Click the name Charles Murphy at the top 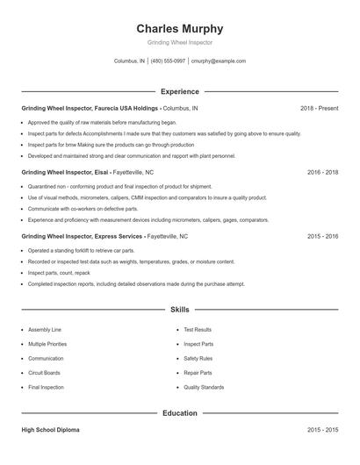click(x=179, y=28)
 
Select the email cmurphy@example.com click(x=217, y=61)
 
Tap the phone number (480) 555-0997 click(x=168, y=61)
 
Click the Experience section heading click(x=179, y=91)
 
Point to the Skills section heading click(x=179, y=310)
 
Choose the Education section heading click(x=179, y=412)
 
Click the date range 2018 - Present click(x=319, y=109)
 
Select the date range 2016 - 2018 click(x=322, y=173)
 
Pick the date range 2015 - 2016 click(x=322, y=237)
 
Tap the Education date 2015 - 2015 click(x=322, y=431)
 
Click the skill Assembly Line click(x=45, y=330)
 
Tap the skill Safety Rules click(x=198, y=359)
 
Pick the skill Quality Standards click(x=204, y=387)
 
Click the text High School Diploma click(x=52, y=431)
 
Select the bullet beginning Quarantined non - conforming click(x=119, y=187)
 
